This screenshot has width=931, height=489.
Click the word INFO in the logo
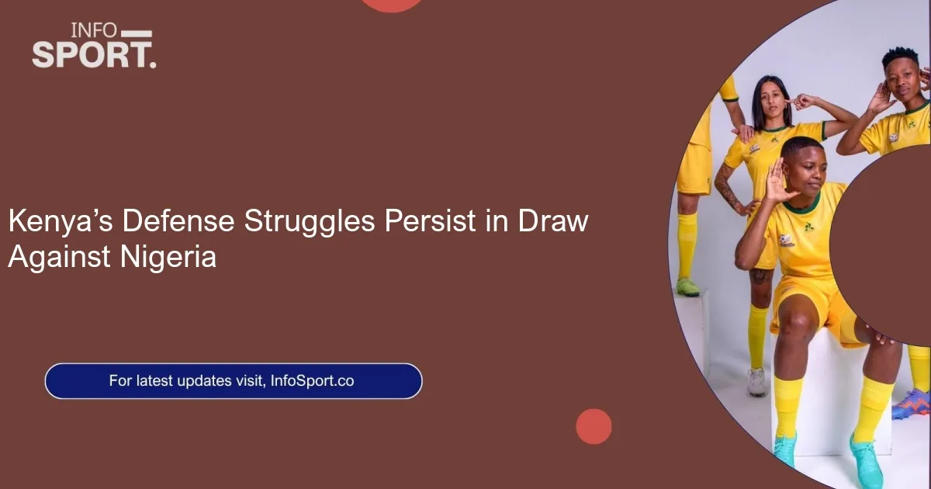pyautogui.click(x=95, y=30)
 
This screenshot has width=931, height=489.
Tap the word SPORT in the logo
pyautogui.click(x=90, y=54)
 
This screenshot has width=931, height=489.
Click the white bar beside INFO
pyautogui.click(x=137, y=33)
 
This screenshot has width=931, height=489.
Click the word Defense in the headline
pyautogui.click(x=178, y=220)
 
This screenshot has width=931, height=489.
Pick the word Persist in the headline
pyautogui.click(x=430, y=220)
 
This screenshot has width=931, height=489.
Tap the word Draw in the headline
pyautogui.click(x=552, y=220)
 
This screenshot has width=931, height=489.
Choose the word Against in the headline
pyautogui.click(x=59, y=258)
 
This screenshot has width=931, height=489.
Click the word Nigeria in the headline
pyautogui.click(x=168, y=258)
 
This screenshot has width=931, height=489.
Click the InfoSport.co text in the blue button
pyautogui.click(x=312, y=381)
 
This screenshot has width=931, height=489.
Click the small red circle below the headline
pyautogui.click(x=594, y=426)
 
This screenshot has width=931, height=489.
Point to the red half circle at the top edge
pyautogui.click(x=391, y=5)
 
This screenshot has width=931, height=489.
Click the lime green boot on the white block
pyautogui.click(x=688, y=287)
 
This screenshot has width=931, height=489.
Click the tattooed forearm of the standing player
pyautogui.click(x=728, y=186)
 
